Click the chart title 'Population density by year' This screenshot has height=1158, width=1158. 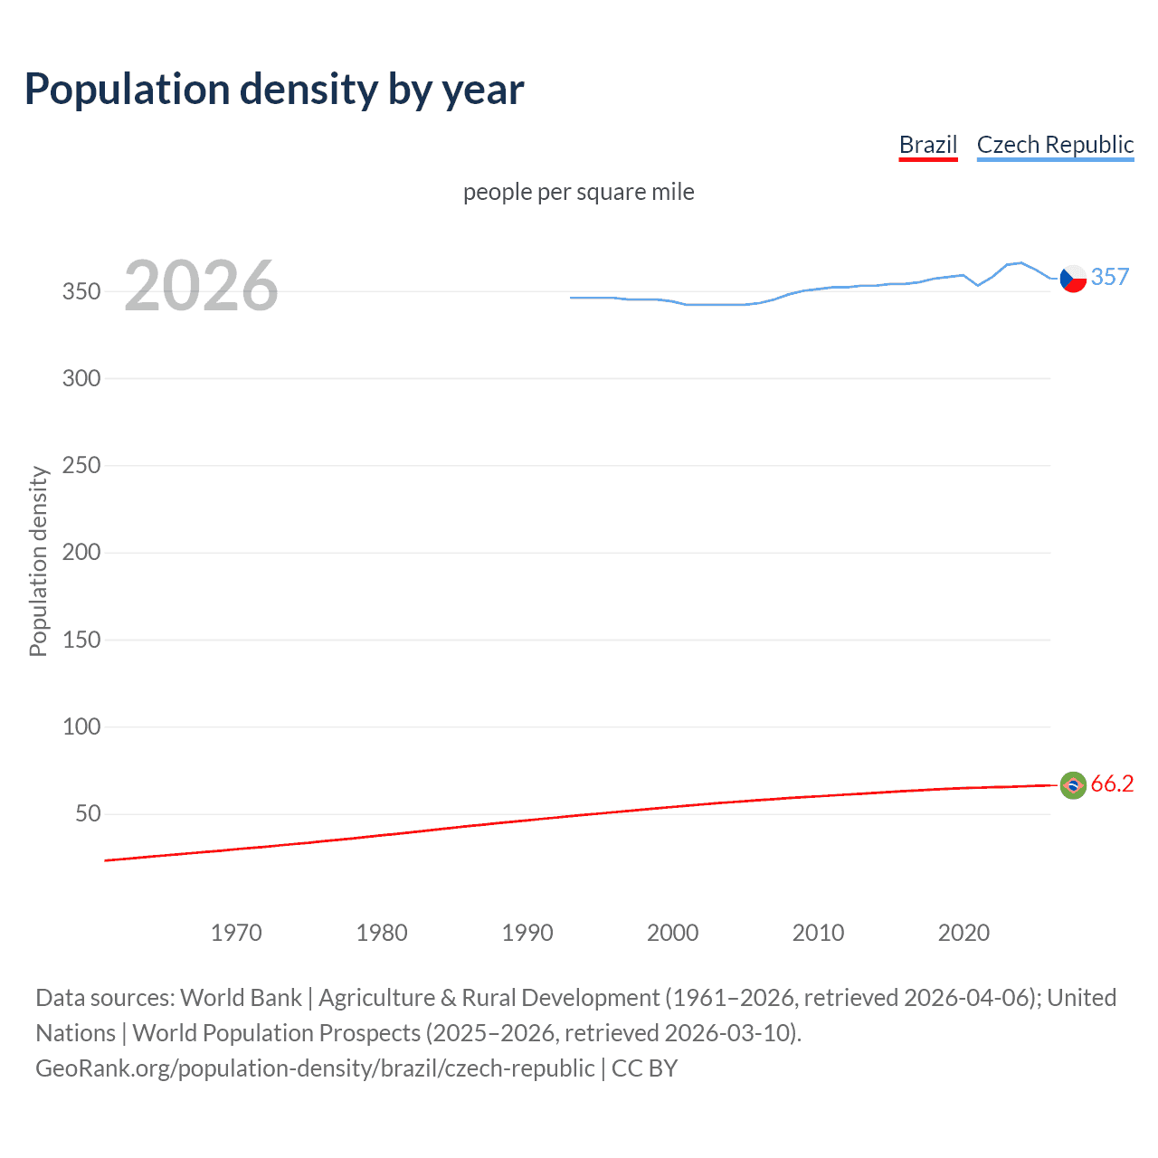274,90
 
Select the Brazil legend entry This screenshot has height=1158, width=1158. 927,145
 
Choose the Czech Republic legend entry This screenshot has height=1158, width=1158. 1055,145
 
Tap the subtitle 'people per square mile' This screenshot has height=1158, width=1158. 578,192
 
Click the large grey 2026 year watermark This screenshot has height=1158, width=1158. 201,286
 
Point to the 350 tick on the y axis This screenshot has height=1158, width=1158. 81,291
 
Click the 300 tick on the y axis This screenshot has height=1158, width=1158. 81,378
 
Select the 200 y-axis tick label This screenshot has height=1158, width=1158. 81,552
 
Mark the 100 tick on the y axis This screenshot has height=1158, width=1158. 81,726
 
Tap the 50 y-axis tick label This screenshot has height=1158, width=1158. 88,813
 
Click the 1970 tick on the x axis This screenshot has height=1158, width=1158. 236,933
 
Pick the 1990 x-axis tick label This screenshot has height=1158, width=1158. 527,933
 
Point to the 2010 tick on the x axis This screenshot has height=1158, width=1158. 818,933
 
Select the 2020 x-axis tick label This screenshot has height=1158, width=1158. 963,933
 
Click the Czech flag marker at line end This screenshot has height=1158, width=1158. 1073,279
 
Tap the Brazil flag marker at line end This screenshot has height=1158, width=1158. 1073,785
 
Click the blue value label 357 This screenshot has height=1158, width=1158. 1110,277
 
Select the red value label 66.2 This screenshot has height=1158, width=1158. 1112,783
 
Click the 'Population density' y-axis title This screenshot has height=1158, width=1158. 38,561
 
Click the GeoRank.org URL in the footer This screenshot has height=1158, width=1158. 315,1068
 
